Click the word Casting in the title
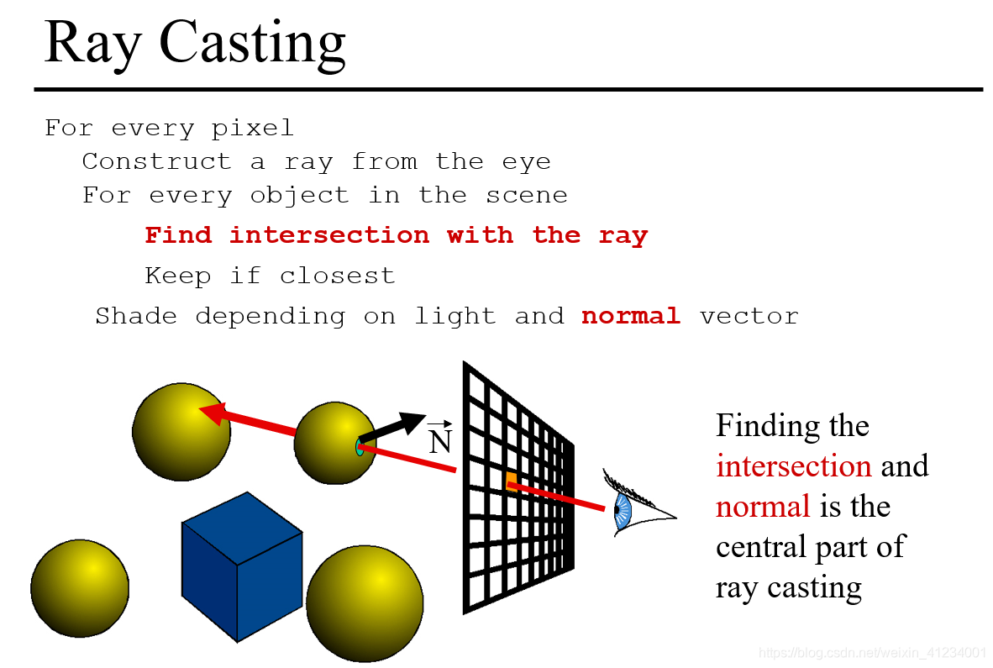252,42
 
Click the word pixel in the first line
252,129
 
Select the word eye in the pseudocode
526,161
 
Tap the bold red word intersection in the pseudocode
328,235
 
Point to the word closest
337,276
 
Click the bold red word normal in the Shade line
631,316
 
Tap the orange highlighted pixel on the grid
511,479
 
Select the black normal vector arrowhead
414,422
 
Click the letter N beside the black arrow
440,441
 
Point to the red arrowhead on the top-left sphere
210,412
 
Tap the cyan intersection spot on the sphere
360,446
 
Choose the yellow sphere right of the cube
365,602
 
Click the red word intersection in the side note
793,466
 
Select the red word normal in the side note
763,507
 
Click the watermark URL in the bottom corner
871,653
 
